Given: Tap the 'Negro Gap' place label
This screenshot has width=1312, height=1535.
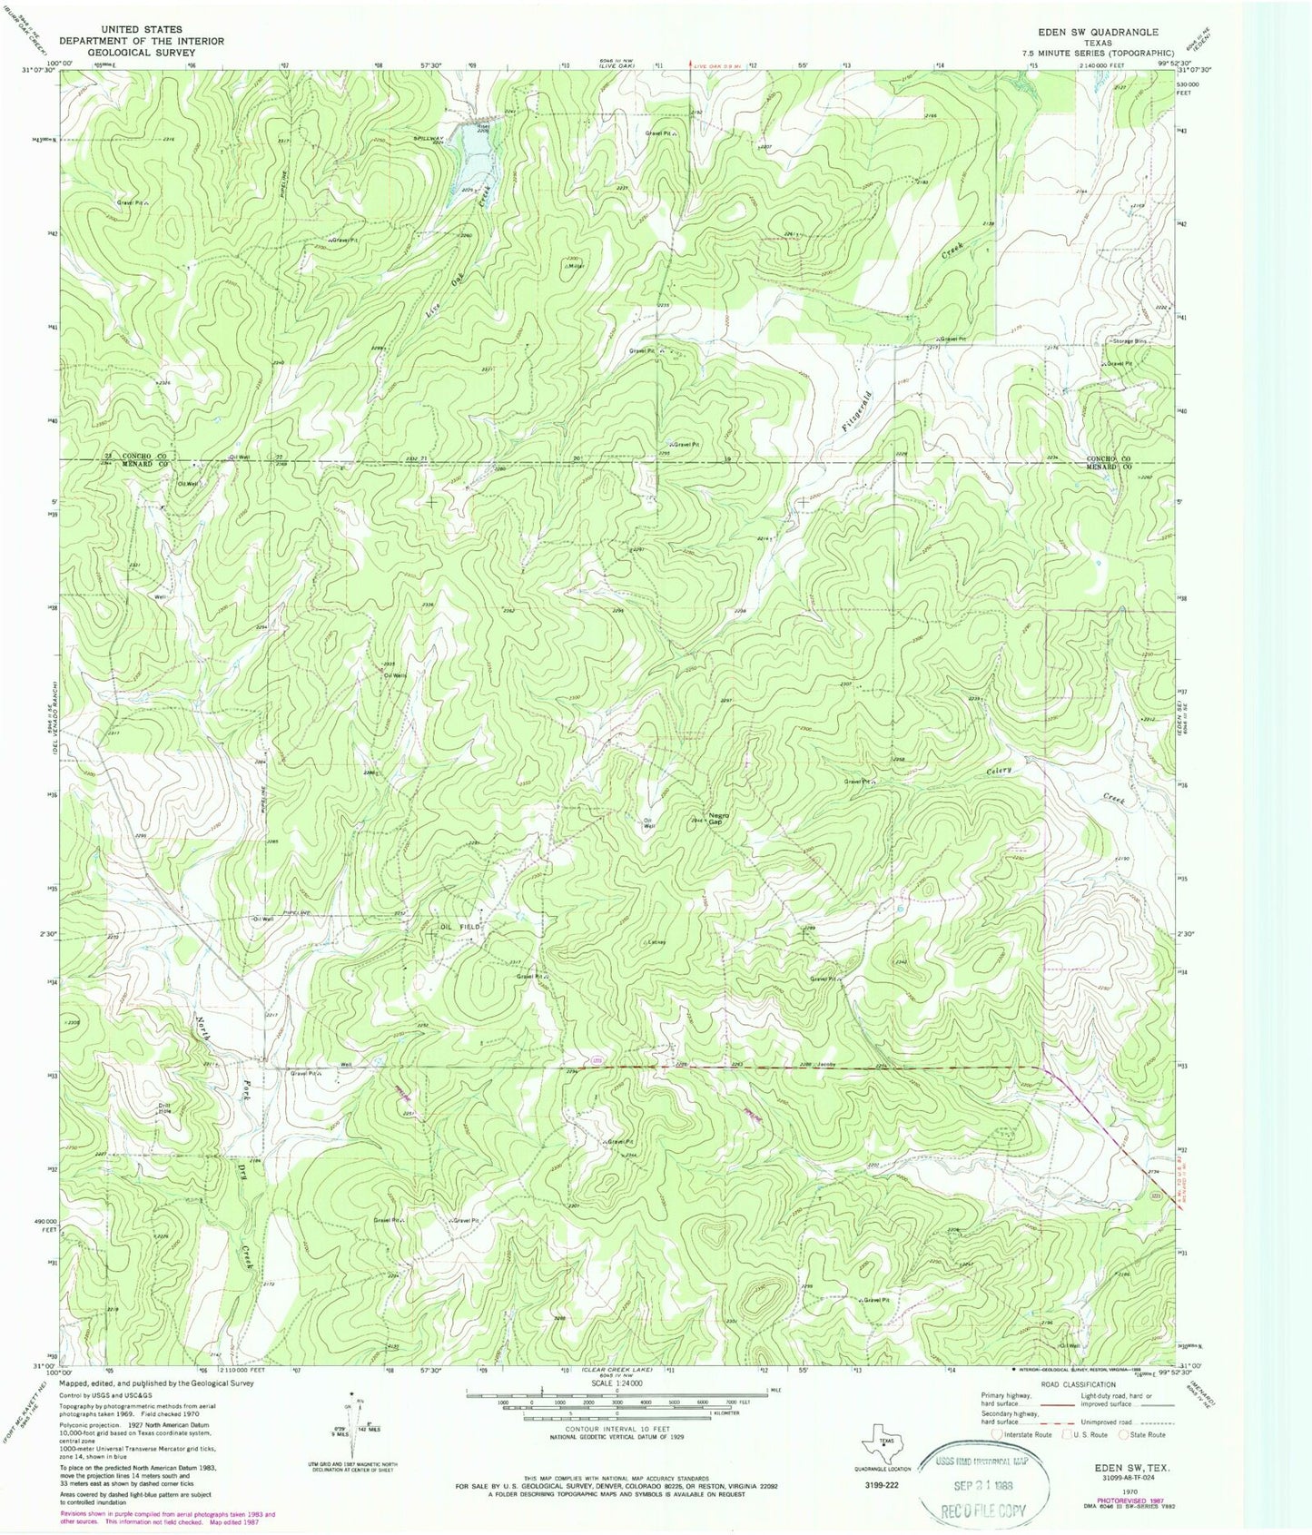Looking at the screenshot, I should [x=719, y=818].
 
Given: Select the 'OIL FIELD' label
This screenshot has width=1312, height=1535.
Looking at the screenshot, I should [x=459, y=927].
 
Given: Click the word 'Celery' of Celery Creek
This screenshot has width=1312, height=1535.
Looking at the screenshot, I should [x=999, y=771].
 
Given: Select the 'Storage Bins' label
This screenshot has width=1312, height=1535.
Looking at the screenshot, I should [x=1131, y=341].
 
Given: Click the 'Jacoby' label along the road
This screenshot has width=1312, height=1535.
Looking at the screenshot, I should [x=825, y=1063].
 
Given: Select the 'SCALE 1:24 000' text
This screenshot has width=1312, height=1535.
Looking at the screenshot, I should [x=617, y=1383].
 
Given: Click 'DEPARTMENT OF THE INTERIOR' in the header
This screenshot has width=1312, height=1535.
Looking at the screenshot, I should [x=142, y=41].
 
